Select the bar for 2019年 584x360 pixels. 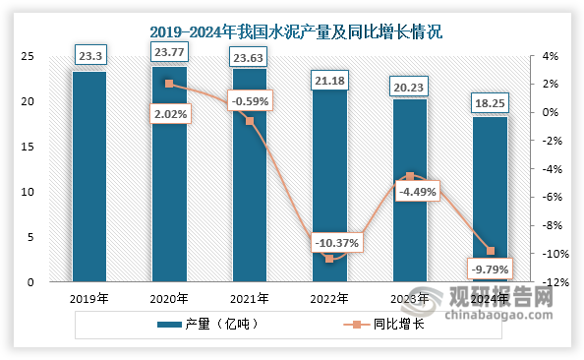pyautogui.click(x=89, y=177)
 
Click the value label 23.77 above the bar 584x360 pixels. pyautogui.click(x=169, y=49)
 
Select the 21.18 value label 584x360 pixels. pyautogui.click(x=329, y=78)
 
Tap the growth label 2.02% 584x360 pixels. pyautogui.click(x=170, y=114)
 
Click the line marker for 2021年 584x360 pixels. pyautogui.click(x=249, y=121)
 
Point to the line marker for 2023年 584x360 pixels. pyautogui.click(x=410, y=176)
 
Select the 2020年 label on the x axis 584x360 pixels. pyautogui.click(x=169, y=298)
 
